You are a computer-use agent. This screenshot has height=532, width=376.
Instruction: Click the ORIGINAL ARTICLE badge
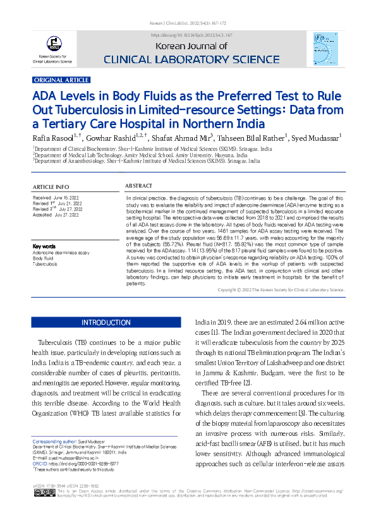[61, 80]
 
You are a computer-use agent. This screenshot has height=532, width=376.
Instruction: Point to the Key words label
[44, 246]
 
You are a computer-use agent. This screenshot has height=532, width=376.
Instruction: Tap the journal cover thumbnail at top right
[325, 47]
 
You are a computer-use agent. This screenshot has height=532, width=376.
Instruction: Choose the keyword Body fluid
[43, 258]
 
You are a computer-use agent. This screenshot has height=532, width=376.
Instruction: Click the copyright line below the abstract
[281, 289]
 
